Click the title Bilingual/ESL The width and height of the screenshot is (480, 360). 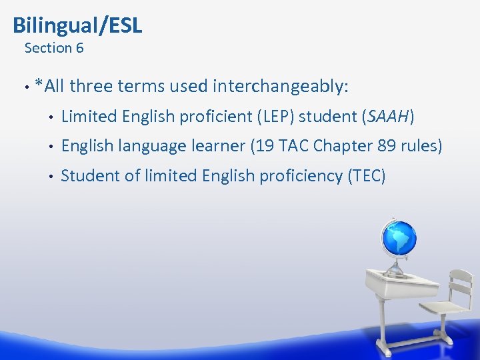77,25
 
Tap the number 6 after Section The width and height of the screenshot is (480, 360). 79,48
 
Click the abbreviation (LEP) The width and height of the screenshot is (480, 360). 273,117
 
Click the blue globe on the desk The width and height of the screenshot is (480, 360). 399,239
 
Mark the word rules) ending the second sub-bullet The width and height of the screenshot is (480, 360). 425,146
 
